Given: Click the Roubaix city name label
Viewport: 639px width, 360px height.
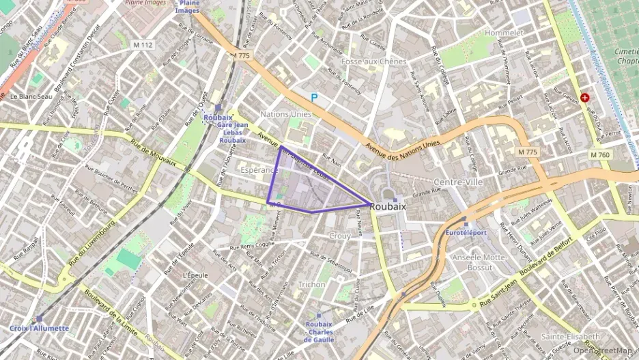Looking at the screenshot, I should (392, 206).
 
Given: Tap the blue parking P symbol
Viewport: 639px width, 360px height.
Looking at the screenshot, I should (314, 98).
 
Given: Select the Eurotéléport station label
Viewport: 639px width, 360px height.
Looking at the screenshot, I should (466, 232).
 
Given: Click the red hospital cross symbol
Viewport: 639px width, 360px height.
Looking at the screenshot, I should (585, 98).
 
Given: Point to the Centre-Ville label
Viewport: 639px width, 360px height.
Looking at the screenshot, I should (459, 182).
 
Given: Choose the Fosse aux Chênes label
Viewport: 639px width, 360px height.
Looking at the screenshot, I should (374, 61).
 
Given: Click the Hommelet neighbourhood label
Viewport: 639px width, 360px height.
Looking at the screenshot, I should (504, 32).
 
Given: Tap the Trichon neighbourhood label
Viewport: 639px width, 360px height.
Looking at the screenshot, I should (312, 284).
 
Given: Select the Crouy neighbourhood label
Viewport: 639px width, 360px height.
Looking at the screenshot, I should (339, 236).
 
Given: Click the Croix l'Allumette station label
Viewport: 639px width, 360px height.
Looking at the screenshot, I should (40, 328).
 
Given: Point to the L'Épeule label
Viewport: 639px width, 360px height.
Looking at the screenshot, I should (195, 275).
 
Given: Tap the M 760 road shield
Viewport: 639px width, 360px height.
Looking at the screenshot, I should (600, 155).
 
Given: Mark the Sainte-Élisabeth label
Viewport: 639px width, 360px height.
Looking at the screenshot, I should (570, 336).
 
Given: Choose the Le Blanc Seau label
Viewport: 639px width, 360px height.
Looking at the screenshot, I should (31, 96).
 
